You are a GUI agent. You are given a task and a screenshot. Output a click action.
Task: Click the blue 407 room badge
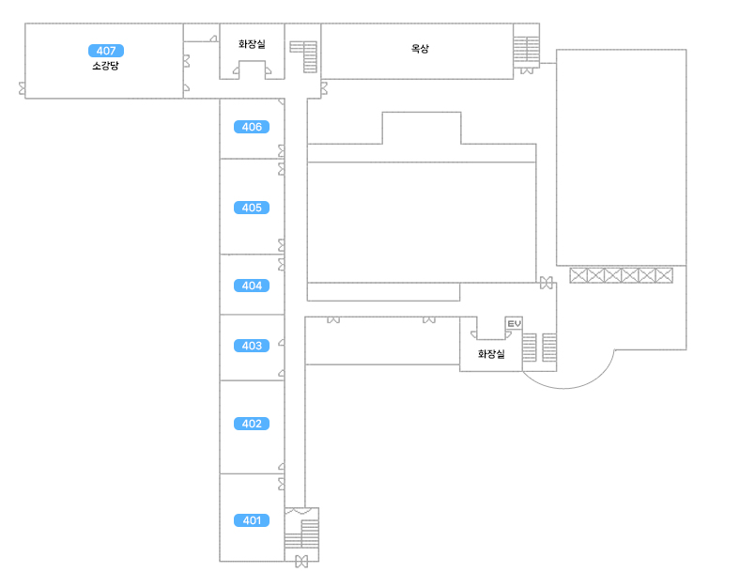point(106,51)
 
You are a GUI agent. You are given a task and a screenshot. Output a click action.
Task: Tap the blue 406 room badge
point(252,127)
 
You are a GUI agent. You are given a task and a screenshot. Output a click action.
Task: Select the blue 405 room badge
point(252,208)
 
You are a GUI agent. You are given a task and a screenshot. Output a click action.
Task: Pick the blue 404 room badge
point(252,286)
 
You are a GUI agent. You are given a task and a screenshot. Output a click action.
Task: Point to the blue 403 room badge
point(252,346)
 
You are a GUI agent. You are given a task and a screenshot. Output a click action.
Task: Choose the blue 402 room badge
point(252,424)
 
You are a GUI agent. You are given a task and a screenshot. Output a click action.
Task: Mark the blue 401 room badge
point(252,520)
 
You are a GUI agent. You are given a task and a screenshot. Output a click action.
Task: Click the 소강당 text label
point(106,67)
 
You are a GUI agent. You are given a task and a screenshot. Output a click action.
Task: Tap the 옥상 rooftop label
point(420,49)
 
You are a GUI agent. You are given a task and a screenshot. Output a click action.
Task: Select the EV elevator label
point(514,323)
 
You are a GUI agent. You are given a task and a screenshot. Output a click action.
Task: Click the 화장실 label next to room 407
point(252,43)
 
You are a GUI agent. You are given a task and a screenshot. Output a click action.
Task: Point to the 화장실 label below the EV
point(491,354)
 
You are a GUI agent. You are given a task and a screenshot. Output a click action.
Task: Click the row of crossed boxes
point(622,275)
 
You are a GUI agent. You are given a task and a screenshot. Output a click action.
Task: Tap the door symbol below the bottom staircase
point(301,562)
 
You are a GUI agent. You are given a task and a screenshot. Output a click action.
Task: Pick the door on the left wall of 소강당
point(23,88)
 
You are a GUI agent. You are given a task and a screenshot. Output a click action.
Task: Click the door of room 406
point(282,151)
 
